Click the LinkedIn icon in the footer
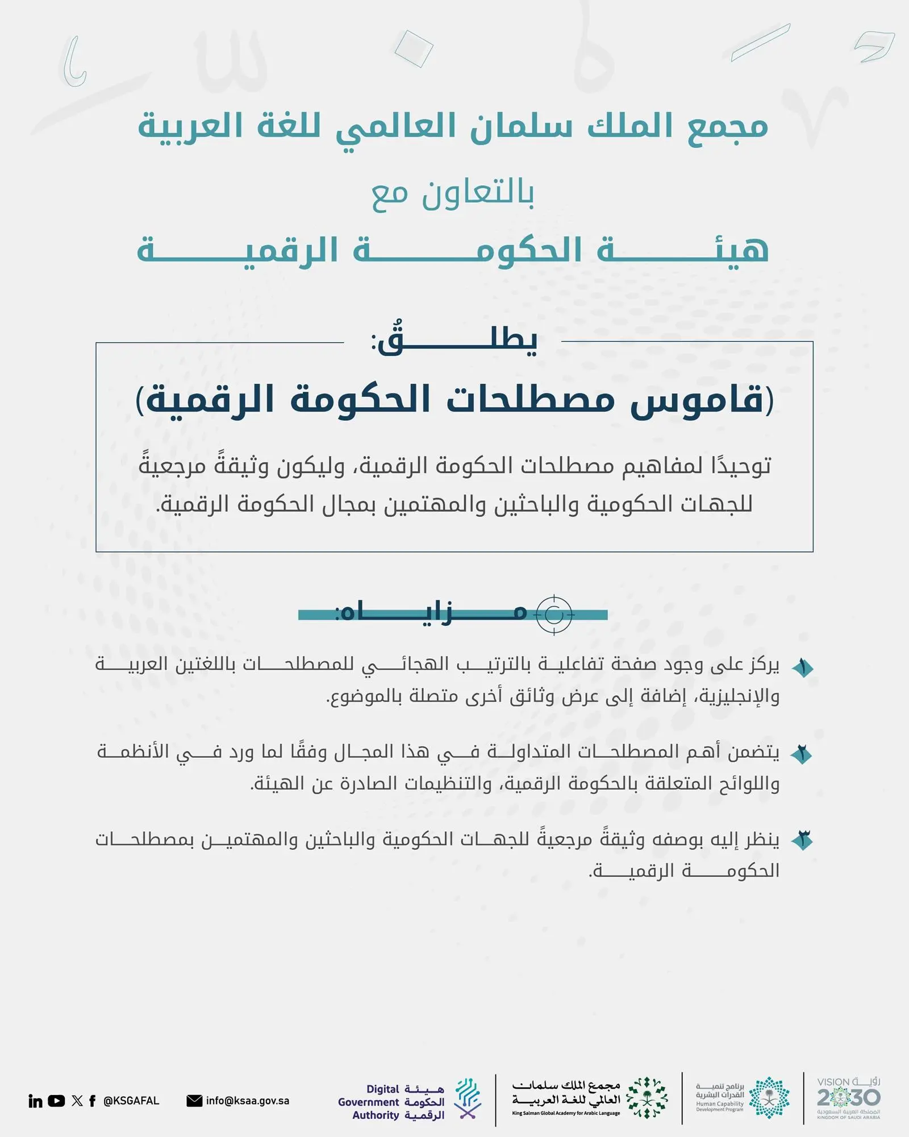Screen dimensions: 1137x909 (x=35, y=1101)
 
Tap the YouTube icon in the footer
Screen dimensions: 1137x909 (x=56, y=1101)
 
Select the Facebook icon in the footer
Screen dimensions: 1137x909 (x=93, y=1101)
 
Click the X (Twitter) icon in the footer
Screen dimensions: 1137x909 (x=77, y=1101)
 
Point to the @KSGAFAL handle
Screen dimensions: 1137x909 (x=131, y=1101)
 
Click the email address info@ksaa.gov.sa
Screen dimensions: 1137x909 (x=248, y=1101)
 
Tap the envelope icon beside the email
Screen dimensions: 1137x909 (x=194, y=1101)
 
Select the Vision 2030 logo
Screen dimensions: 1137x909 (x=848, y=1098)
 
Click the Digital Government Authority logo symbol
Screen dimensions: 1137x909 (x=468, y=1098)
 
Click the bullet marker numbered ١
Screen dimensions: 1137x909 (x=803, y=668)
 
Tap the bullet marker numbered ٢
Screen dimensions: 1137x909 (x=802, y=755)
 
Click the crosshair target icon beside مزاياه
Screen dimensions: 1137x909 (x=554, y=615)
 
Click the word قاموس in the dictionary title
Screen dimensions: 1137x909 (x=697, y=400)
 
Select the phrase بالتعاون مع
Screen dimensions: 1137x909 (x=453, y=194)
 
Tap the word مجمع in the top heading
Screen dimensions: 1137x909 (x=728, y=127)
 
